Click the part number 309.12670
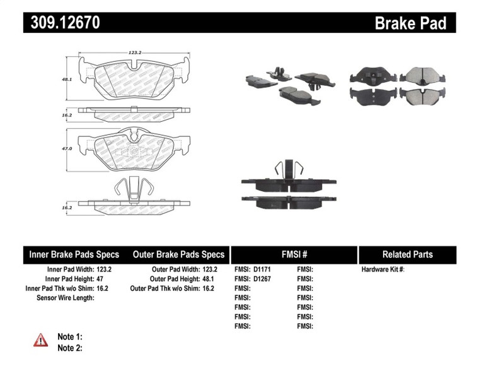(x=64, y=23)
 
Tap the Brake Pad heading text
(x=410, y=23)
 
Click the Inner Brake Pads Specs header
(x=74, y=255)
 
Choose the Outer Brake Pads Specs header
(x=178, y=255)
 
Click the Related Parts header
(x=407, y=255)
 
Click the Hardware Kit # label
(x=383, y=269)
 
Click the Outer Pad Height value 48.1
(x=205, y=278)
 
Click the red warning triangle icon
(x=40, y=340)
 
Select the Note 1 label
(x=70, y=337)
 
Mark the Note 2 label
(x=70, y=348)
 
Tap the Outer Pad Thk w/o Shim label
(x=163, y=288)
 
